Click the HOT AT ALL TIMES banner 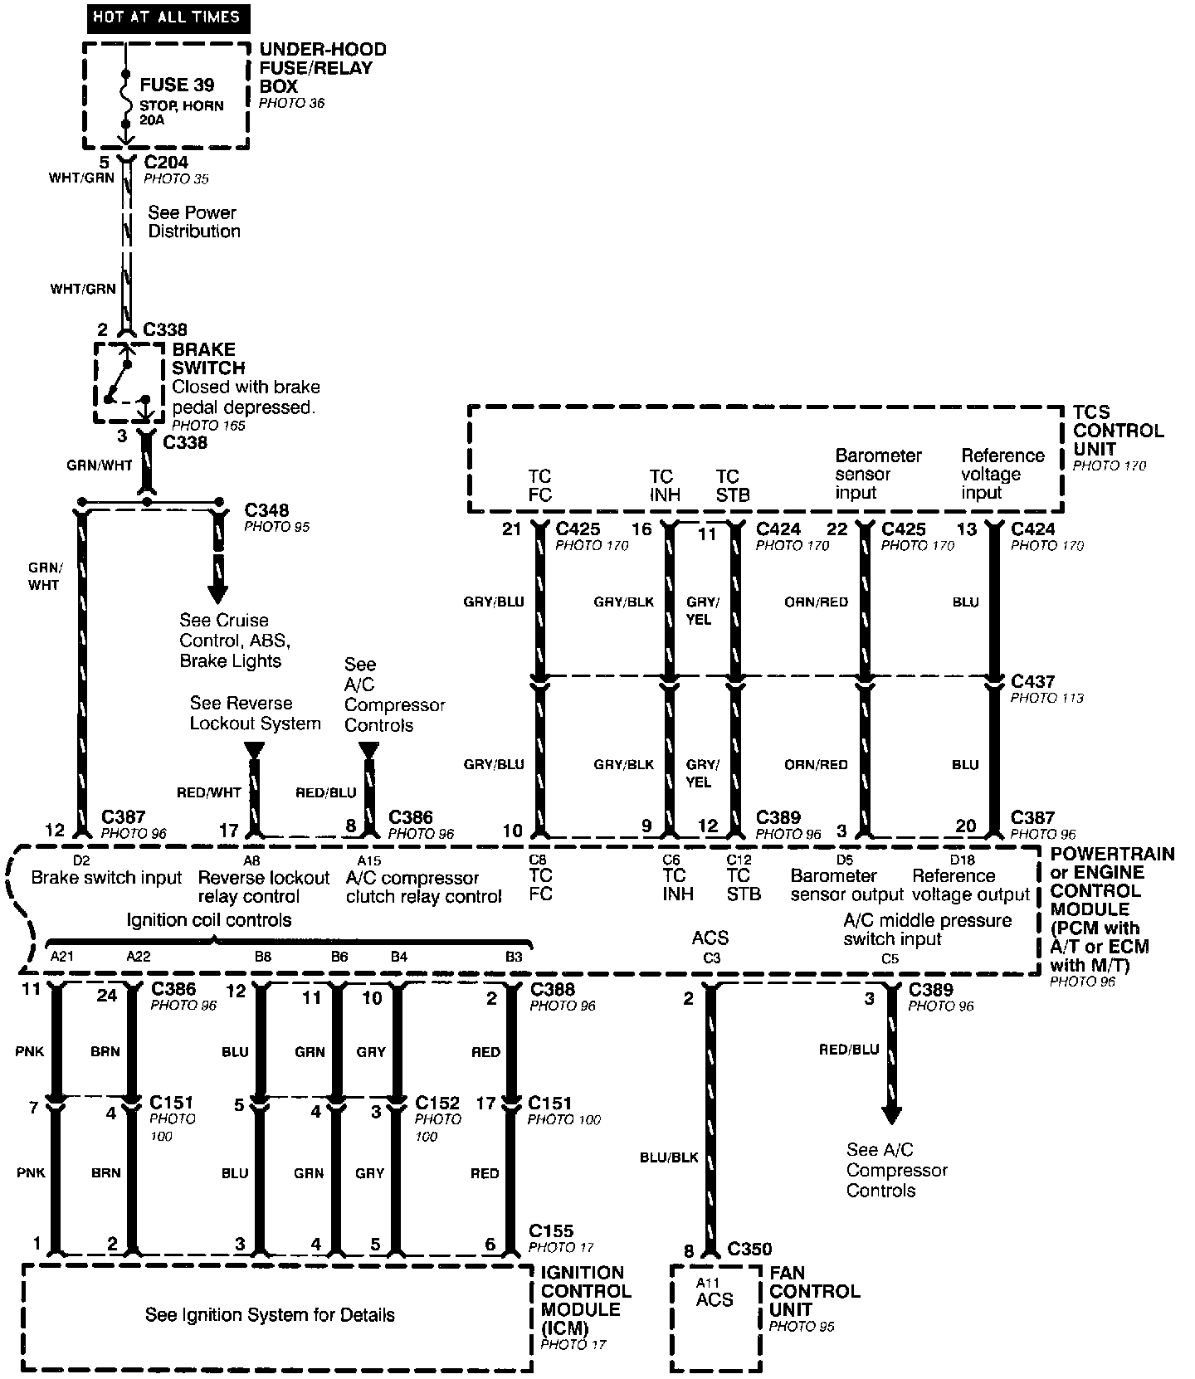[x=167, y=17]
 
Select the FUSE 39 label [x=177, y=85]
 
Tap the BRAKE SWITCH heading [x=208, y=358]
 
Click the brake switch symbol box [x=128, y=383]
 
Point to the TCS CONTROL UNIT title [x=1118, y=431]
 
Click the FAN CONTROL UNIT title [x=814, y=1291]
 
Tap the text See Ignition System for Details [x=270, y=1315]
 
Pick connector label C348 [x=266, y=509]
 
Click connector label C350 [x=749, y=1249]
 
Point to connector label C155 [x=551, y=1231]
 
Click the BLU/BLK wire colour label [x=669, y=1157]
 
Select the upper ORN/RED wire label [x=816, y=602]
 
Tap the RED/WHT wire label [x=208, y=792]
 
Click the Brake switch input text [x=106, y=878]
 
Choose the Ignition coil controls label [x=208, y=920]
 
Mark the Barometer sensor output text [x=846, y=885]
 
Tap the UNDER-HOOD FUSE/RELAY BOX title [x=322, y=68]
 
